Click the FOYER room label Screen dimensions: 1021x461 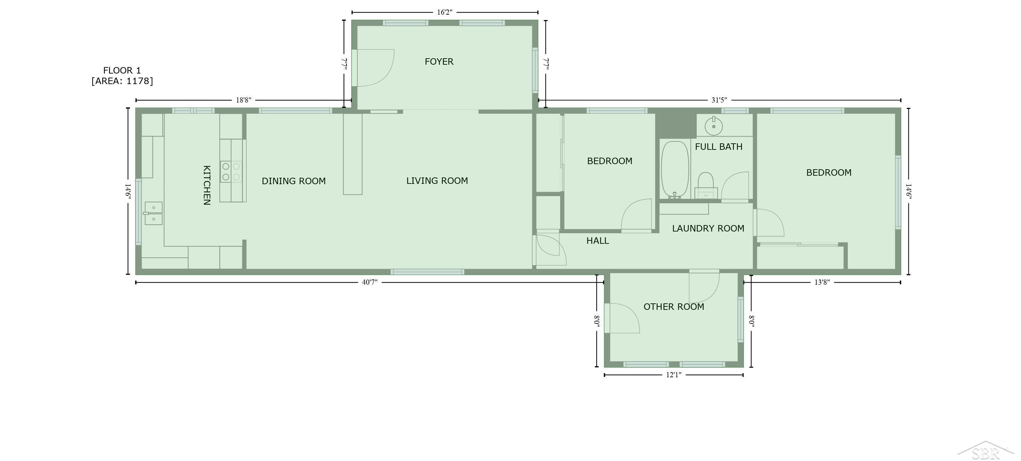(x=439, y=61)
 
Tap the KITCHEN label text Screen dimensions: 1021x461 (x=207, y=185)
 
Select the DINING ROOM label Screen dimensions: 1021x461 (x=294, y=181)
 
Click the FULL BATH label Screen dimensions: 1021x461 (x=718, y=147)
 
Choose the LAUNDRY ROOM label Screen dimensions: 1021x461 (x=708, y=228)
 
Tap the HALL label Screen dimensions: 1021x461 (x=597, y=241)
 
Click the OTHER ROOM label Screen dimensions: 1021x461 (x=674, y=307)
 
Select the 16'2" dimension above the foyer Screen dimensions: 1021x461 (x=444, y=12)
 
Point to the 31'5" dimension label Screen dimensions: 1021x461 (x=719, y=100)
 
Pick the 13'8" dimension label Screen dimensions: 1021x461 (x=822, y=282)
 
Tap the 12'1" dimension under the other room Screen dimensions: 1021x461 (x=674, y=375)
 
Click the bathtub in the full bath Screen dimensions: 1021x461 (x=675, y=170)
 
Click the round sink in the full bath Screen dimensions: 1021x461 (x=713, y=126)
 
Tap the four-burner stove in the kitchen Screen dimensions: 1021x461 (x=231, y=172)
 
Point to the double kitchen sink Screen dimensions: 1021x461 (x=153, y=213)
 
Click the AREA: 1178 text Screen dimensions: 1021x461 (x=122, y=81)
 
